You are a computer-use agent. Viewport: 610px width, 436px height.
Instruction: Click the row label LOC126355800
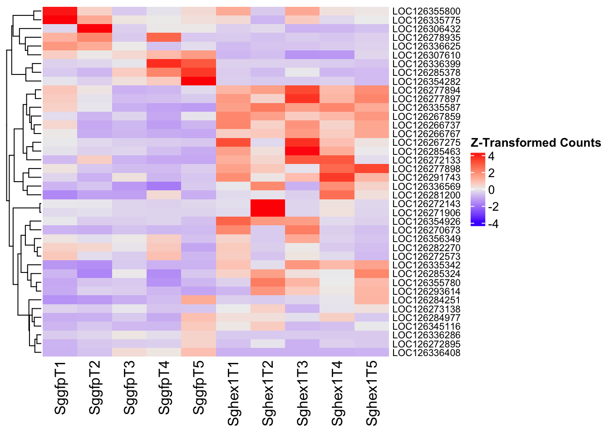(426, 11)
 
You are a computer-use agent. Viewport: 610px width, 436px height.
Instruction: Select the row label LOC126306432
(426, 29)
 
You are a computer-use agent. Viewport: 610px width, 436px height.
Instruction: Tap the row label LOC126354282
(426, 82)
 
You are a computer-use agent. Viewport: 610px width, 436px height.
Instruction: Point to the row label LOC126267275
(426, 143)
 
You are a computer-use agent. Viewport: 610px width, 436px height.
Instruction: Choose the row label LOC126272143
(426, 204)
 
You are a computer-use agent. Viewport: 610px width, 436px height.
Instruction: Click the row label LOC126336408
(426, 353)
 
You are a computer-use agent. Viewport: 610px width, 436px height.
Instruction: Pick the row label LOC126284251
(426, 300)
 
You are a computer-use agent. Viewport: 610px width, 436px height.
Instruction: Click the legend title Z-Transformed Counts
(536, 143)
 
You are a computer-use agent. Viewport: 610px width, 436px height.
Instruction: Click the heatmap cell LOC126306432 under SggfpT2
(95, 29)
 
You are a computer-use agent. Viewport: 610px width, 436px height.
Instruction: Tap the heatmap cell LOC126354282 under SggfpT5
(199, 82)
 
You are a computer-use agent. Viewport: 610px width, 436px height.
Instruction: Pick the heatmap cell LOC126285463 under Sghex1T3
(303, 151)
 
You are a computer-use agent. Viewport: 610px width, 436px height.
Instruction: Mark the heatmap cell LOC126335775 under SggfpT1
(60, 20)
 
